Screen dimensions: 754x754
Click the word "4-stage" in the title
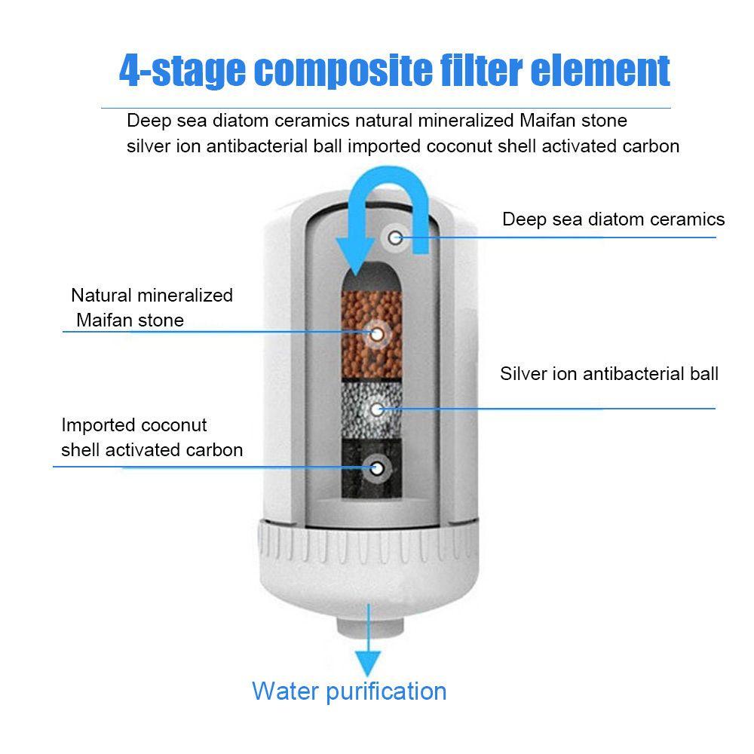(x=182, y=71)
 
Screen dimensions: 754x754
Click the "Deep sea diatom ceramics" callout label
(x=613, y=219)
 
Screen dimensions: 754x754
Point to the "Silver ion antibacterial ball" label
(x=608, y=374)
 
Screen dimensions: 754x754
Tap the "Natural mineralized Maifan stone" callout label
(x=152, y=308)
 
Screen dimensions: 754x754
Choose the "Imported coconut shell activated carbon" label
(x=152, y=437)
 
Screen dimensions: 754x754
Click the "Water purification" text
(x=349, y=691)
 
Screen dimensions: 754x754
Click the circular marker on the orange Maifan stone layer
(x=377, y=334)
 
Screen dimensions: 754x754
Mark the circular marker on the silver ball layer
(x=377, y=409)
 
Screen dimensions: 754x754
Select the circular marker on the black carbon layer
(x=377, y=468)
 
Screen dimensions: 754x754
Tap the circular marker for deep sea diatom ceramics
(x=395, y=238)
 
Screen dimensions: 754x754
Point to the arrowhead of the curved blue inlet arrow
(x=356, y=257)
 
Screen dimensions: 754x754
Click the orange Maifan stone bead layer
(x=372, y=335)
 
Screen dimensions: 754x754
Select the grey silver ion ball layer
(x=372, y=409)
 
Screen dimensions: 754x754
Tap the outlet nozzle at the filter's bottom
(x=369, y=626)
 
